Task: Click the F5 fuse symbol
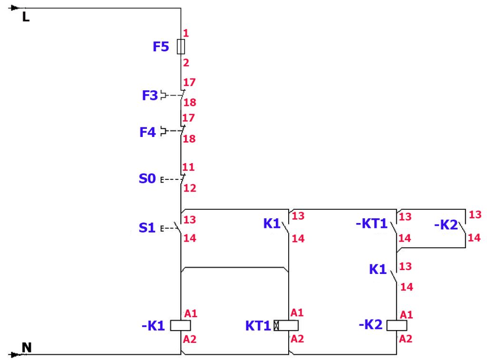point(181,47)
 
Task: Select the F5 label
point(161,47)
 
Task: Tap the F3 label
point(150,96)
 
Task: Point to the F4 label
point(147,132)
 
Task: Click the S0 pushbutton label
point(147,179)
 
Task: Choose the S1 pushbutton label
point(147,228)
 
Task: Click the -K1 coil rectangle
point(180,326)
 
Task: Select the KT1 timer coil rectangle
point(286,326)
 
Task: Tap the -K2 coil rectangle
point(397,326)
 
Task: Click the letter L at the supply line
point(26,17)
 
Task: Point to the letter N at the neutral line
point(27,347)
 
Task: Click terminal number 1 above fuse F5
point(186,33)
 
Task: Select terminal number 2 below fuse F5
point(186,63)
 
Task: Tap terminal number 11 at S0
point(188,167)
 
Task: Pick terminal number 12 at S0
point(189,188)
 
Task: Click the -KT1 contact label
point(371,224)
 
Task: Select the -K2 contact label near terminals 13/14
point(446,224)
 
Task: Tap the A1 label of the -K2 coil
point(406,315)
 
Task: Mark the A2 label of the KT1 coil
point(297,339)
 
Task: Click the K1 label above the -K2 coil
point(378,269)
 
